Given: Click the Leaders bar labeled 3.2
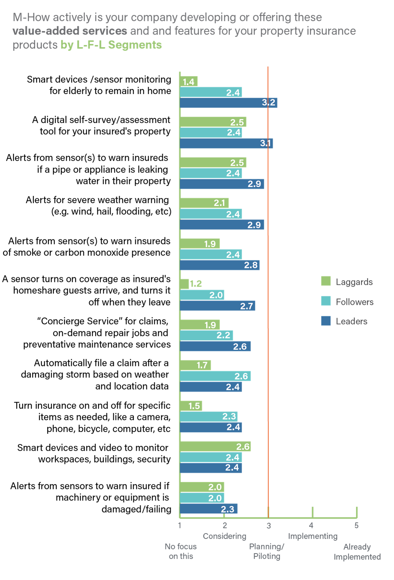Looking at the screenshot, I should [x=229, y=103].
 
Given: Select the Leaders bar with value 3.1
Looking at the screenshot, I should [x=226, y=143].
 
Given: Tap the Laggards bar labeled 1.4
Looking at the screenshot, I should [x=188, y=82].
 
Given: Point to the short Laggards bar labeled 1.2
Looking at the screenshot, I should [x=184, y=284].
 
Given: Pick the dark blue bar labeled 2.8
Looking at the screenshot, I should [x=220, y=265].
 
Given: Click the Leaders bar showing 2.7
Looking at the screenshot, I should [x=217, y=306].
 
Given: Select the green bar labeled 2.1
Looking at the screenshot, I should [x=204, y=203].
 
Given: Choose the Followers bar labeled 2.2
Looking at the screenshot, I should [x=206, y=336].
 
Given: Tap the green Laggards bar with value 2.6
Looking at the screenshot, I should [x=215, y=447].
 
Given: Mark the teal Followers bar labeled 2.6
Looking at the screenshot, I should [x=215, y=376].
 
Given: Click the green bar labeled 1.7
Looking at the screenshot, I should [x=195, y=365].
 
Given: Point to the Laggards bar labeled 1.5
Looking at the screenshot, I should [x=191, y=406].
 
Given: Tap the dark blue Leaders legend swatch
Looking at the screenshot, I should [x=326, y=321].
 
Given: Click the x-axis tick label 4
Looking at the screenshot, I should [x=311, y=525].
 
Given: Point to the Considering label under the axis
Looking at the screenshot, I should [x=225, y=536].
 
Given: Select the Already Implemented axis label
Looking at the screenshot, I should [x=357, y=552].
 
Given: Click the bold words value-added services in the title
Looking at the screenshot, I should [x=70, y=31].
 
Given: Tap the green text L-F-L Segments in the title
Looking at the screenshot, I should [x=119, y=45].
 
